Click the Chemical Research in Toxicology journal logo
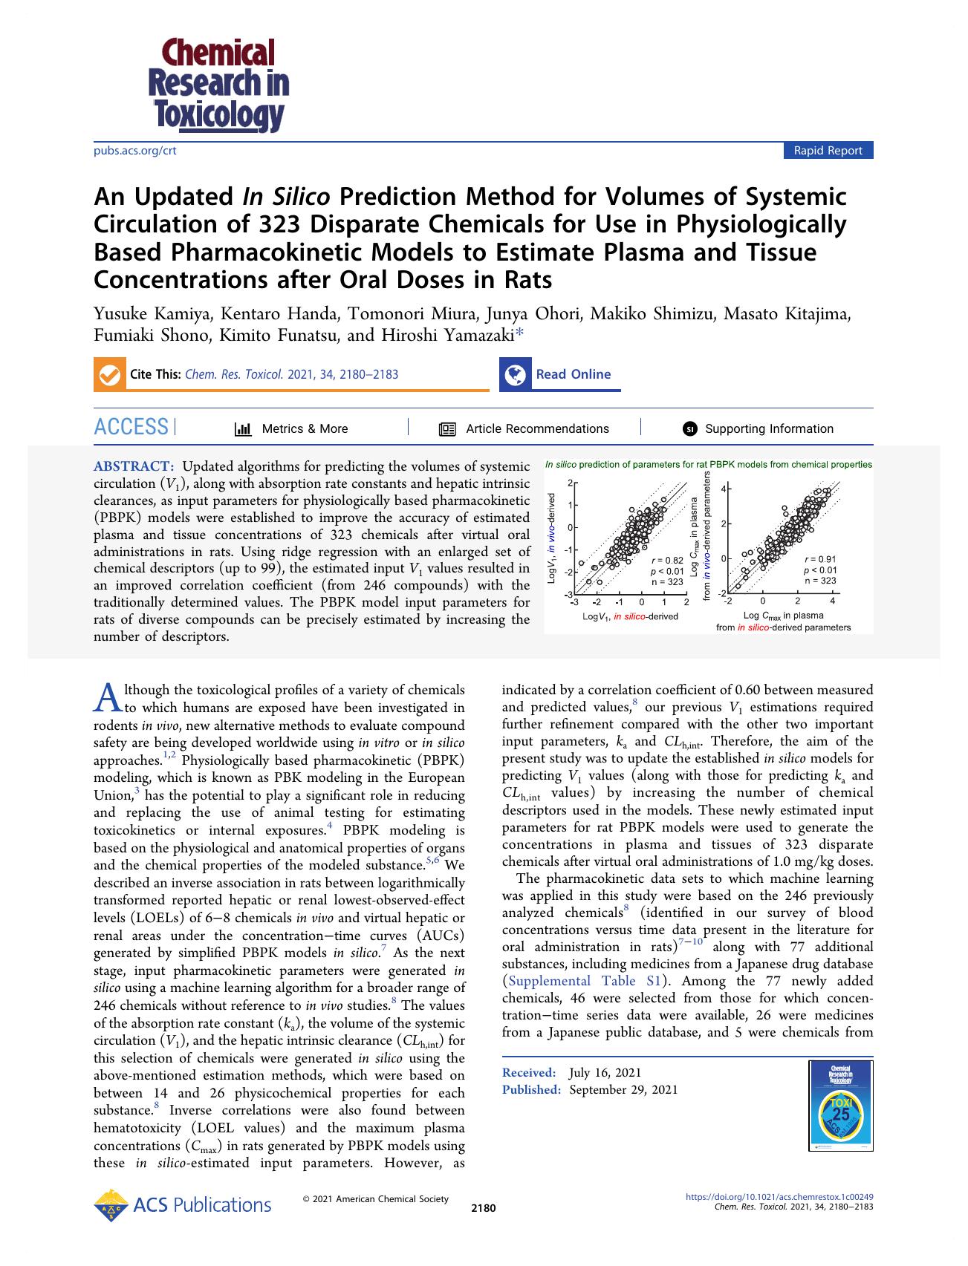pyautogui.click(x=218, y=85)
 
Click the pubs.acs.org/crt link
pyautogui.click(x=134, y=151)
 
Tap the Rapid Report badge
pyautogui.click(x=828, y=151)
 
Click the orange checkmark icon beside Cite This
pyautogui.click(x=109, y=375)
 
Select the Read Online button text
pyautogui.click(x=573, y=374)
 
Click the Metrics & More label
pyautogui.click(x=305, y=428)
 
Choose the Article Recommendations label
pyautogui.click(x=536, y=428)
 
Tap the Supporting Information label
pyautogui.click(x=769, y=428)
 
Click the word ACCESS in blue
pyautogui.click(x=131, y=427)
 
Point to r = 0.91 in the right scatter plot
pyautogui.click(x=819, y=558)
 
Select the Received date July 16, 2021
pyautogui.click(x=605, y=1072)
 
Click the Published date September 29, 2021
pyautogui.click(x=623, y=1089)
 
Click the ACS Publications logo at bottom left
pyautogui.click(x=183, y=1204)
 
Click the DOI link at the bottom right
pyautogui.click(x=779, y=1196)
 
